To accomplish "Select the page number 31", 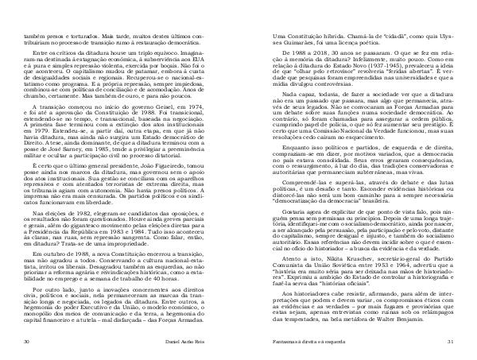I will coord(447,342).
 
